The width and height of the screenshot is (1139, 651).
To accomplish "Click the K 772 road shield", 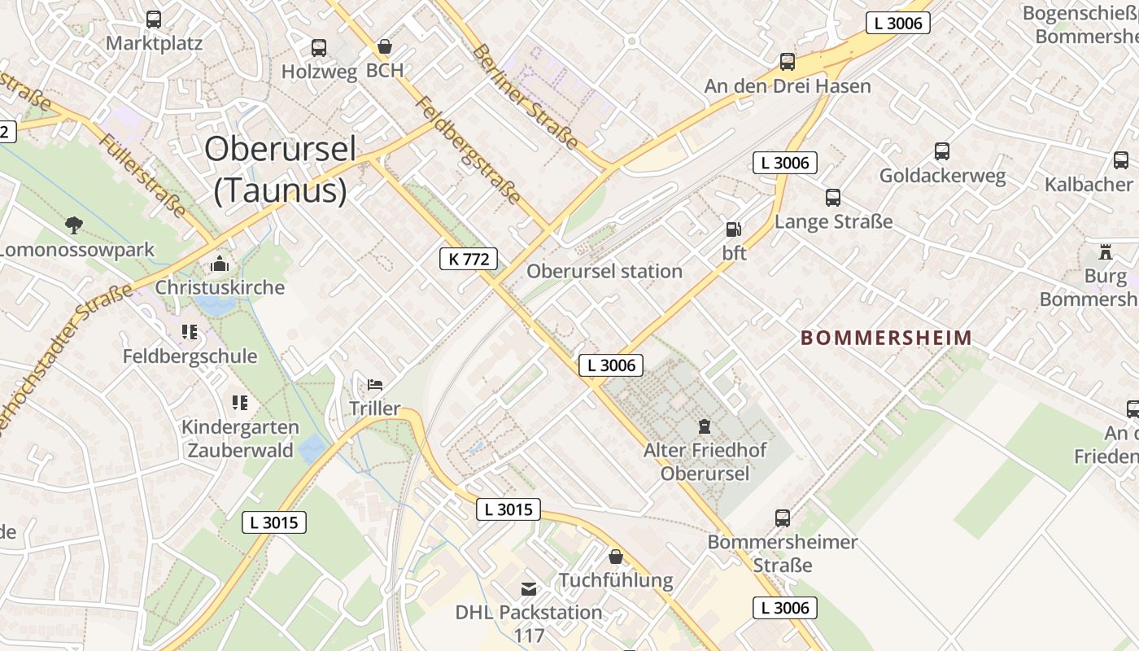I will coord(469,259).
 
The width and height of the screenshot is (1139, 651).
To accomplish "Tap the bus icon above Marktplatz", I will coord(154,20).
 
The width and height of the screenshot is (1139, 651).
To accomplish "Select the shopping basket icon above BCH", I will coord(385,46).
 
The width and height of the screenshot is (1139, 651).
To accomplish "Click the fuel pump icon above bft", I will coord(734,229).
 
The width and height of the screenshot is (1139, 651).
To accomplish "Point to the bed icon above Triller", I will coord(375,384).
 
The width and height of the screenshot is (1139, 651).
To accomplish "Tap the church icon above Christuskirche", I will coord(220,264).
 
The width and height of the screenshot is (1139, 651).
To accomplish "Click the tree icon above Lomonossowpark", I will coord(74,225).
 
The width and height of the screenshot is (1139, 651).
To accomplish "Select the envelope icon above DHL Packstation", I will coord(529,588).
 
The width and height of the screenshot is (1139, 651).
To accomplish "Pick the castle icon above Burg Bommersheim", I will coord(1105,252).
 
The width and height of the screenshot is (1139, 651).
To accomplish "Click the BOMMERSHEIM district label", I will coord(887,338).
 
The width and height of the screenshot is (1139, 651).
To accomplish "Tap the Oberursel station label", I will coord(604,271).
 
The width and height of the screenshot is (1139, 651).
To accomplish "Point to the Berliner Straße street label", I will coord(526,97).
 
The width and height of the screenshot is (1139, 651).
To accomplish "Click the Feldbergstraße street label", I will coord(468,150).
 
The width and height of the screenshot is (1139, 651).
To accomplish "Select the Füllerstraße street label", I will coord(142,176).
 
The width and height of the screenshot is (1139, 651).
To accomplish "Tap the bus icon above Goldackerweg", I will coord(942,151).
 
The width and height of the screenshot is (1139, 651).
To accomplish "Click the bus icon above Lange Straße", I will coord(833,198).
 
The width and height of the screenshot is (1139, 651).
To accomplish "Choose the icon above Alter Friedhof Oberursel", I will coord(705,426).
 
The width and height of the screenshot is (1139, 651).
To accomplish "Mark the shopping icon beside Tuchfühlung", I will coord(616,557).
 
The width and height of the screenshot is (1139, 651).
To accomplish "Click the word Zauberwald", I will coord(240,450).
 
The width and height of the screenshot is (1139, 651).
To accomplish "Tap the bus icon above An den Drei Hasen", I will coord(788,62).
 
